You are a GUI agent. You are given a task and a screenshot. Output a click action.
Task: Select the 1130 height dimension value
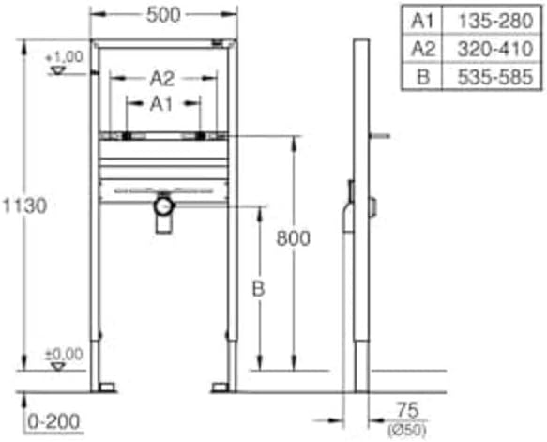23,205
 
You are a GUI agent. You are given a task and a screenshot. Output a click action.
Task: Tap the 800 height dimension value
293,238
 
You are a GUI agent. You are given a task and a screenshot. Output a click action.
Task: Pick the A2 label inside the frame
162,80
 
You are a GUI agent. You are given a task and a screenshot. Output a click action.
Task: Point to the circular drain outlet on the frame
164,206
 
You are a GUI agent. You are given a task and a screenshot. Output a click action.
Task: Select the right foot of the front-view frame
221,387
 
